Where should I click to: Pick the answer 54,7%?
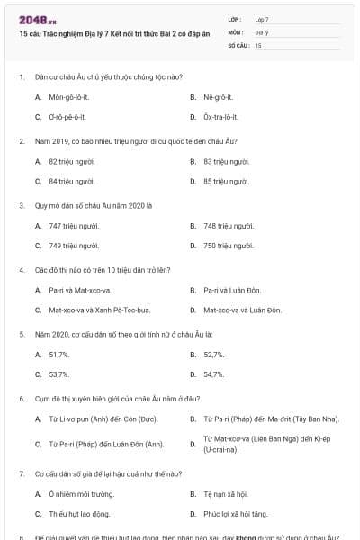213,374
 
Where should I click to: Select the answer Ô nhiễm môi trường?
82,494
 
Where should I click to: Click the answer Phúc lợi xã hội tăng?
235,514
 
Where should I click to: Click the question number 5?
21,334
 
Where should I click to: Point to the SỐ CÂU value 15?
258,44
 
